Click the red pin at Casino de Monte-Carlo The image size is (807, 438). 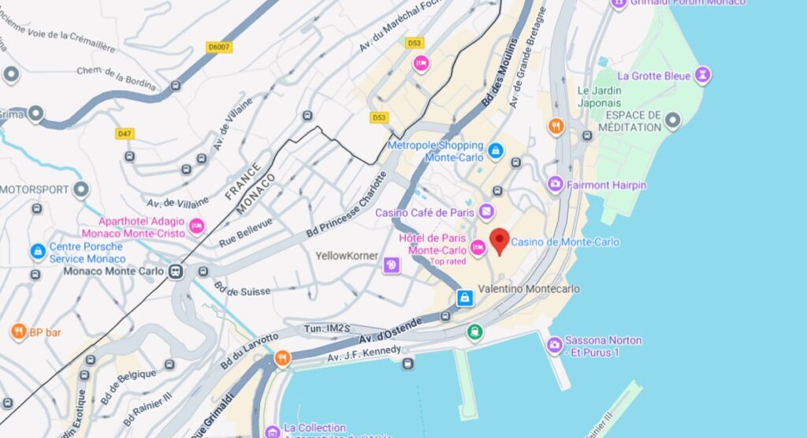pyautogui.click(x=500, y=240)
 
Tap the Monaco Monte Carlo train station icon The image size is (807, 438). pyautogui.click(x=175, y=271)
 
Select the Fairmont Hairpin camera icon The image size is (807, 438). pyautogui.click(x=556, y=185)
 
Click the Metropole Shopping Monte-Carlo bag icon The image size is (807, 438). pyautogui.click(x=495, y=150)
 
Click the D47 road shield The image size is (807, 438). pyautogui.click(x=125, y=134)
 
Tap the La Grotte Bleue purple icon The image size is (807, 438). pyautogui.click(x=701, y=76)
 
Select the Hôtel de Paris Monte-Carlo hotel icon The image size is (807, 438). pyautogui.click(x=477, y=248)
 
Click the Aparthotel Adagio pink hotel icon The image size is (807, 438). pyautogui.click(x=196, y=226)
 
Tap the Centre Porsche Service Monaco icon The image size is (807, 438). pyautogui.click(x=37, y=252)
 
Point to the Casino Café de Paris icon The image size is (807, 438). pyautogui.click(x=487, y=212)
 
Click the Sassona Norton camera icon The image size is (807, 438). pyautogui.click(x=554, y=345)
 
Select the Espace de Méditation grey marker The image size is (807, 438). pyautogui.click(x=672, y=122)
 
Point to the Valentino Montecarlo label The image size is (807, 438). pyautogui.click(x=529, y=290)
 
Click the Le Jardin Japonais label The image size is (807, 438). pyautogui.click(x=599, y=96)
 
